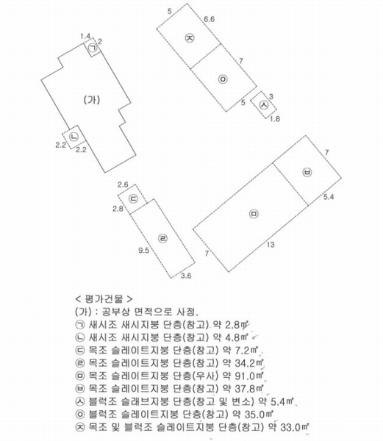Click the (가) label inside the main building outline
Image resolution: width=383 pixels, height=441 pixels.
(x=92, y=100)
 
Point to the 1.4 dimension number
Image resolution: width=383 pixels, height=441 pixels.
(x=85, y=36)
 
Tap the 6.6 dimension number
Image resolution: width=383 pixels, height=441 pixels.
(x=210, y=19)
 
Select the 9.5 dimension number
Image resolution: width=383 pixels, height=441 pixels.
(x=143, y=251)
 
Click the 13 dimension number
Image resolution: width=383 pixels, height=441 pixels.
(x=271, y=245)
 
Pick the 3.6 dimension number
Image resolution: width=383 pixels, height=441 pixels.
(x=186, y=276)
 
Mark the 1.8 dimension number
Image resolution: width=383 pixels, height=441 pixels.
(x=275, y=119)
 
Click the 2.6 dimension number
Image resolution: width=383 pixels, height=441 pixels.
(x=123, y=184)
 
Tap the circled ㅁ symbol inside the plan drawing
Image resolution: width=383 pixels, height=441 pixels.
(x=254, y=214)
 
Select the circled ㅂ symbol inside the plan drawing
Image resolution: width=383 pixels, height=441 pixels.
(x=307, y=172)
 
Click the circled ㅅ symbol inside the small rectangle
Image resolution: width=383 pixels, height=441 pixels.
(x=264, y=104)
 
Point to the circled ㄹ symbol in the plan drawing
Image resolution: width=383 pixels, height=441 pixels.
(x=162, y=239)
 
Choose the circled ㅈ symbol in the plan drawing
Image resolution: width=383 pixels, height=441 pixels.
(x=190, y=37)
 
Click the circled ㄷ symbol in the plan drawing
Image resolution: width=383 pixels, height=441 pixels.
(x=133, y=199)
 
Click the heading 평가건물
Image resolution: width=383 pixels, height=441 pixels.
(x=104, y=299)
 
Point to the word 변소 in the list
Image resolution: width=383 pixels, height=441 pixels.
(x=243, y=401)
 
